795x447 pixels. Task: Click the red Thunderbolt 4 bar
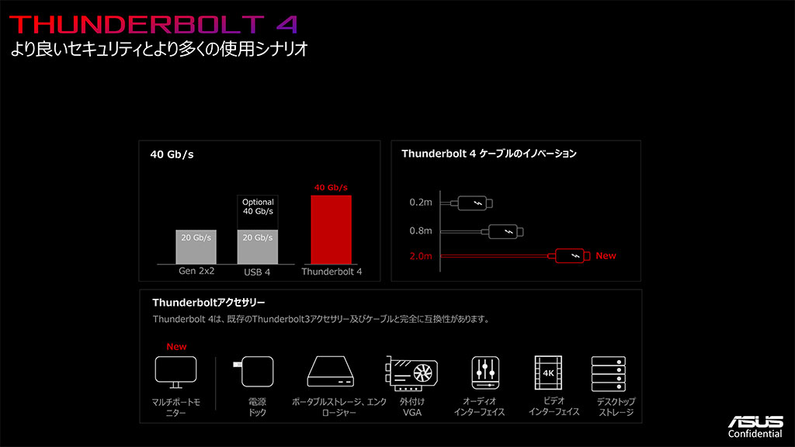click(x=331, y=230)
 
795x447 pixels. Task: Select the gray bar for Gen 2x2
click(x=196, y=247)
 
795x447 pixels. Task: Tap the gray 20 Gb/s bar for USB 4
click(x=258, y=247)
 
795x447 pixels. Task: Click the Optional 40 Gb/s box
click(x=258, y=213)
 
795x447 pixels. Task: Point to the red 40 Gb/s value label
click(x=331, y=188)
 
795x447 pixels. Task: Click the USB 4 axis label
click(x=257, y=272)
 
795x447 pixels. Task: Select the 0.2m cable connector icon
click(x=475, y=203)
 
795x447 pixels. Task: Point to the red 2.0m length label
click(x=421, y=256)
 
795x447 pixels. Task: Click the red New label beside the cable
click(x=606, y=256)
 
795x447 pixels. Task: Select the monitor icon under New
click(x=175, y=372)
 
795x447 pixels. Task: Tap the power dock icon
click(x=254, y=372)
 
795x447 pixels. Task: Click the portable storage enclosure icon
click(x=331, y=372)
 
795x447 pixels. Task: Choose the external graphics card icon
click(x=411, y=373)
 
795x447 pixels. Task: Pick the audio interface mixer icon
click(x=485, y=372)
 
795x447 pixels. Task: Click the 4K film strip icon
click(x=548, y=372)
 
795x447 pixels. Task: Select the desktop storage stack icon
click(x=609, y=374)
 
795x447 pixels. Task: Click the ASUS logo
click(x=755, y=421)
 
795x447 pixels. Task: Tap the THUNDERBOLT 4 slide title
click(x=153, y=25)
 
